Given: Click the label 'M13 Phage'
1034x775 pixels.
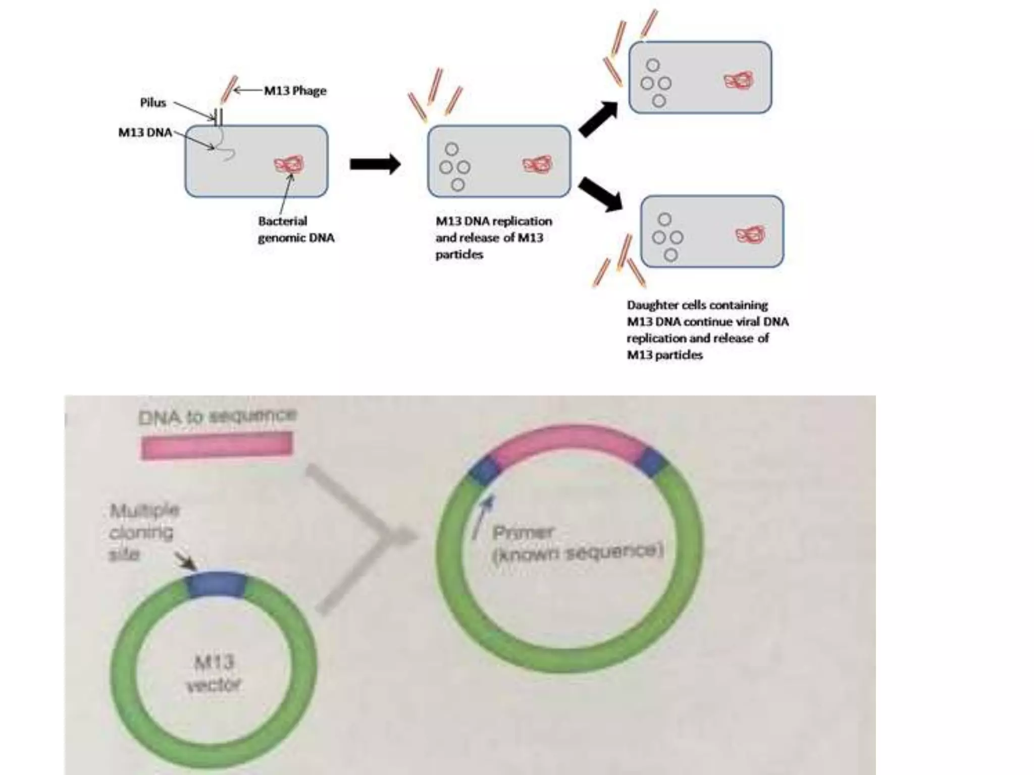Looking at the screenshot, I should pyautogui.click(x=295, y=91).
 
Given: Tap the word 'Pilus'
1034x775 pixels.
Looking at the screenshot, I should pyautogui.click(x=153, y=103).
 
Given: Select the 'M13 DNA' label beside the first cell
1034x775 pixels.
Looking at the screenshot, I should pyautogui.click(x=145, y=132).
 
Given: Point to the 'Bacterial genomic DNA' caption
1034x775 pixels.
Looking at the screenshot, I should pyautogui.click(x=296, y=229).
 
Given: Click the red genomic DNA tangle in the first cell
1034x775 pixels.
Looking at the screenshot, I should pyautogui.click(x=289, y=164).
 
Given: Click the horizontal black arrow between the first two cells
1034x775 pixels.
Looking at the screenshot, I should pyautogui.click(x=375, y=164).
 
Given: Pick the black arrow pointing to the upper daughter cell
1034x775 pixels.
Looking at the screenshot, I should pyautogui.click(x=599, y=119).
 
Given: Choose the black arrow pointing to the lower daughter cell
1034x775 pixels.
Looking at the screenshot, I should pyautogui.click(x=600, y=194).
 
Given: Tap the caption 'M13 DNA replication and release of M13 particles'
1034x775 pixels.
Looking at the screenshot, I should pyautogui.click(x=493, y=238).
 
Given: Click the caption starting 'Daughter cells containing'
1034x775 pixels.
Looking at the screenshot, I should pyautogui.click(x=707, y=329).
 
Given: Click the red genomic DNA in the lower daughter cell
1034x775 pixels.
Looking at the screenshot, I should pyautogui.click(x=750, y=235).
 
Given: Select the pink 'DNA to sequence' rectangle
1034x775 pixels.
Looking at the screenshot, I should pyautogui.click(x=217, y=446).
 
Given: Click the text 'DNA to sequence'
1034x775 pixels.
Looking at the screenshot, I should pyautogui.click(x=217, y=416).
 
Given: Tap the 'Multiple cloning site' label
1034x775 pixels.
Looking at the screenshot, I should pyautogui.click(x=143, y=532).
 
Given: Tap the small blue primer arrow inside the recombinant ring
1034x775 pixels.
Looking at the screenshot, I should pyautogui.click(x=483, y=517).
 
